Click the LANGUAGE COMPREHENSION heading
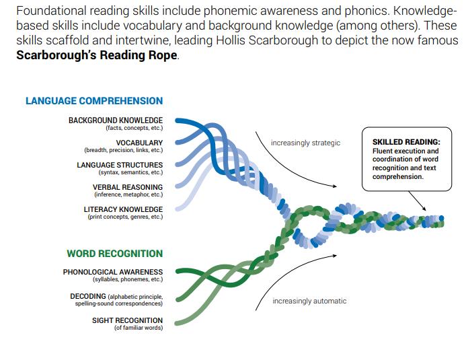point(94,101)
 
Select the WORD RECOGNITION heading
point(114,254)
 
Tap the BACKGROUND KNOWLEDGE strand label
point(115,120)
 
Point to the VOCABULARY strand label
point(139,143)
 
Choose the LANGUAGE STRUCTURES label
point(120,165)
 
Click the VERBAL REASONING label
point(128,187)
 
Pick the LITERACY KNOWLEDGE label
point(123,209)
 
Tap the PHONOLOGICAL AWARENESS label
point(113,272)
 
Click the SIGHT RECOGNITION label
point(127,320)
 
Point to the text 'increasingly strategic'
point(305,143)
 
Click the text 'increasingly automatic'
point(309,301)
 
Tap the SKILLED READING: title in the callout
point(406,142)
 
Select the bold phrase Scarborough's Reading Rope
point(97,55)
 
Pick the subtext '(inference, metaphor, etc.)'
point(128,194)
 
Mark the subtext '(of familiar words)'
point(138,328)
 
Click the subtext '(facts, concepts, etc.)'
point(134,128)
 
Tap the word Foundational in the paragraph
point(46,12)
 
